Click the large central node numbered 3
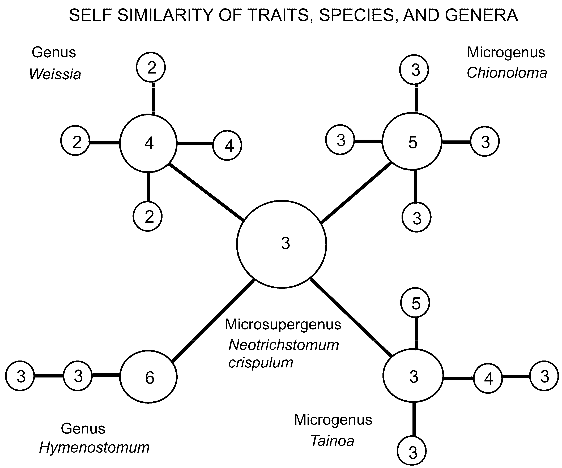click(x=282, y=244)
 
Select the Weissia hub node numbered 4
click(x=148, y=143)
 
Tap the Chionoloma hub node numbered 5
click(x=412, y=141)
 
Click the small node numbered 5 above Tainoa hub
click(x=415, y=302)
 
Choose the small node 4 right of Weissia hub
click(x=227, y=145)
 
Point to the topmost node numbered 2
click(x=151, y=67)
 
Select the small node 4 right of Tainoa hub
click(x=488, y=378)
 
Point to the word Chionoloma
click(x=507, y=73)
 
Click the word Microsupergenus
click(x=283, y=324)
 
